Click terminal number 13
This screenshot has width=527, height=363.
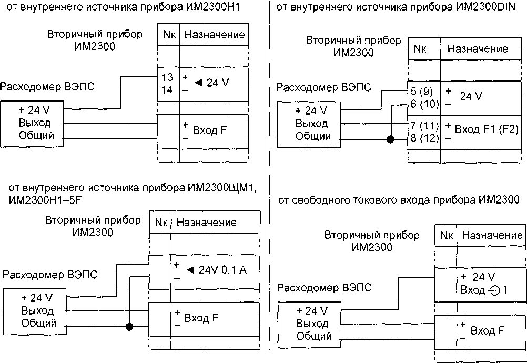167,77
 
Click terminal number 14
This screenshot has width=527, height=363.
167,89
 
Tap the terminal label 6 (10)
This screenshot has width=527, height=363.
424,104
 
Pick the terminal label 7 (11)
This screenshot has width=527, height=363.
424,126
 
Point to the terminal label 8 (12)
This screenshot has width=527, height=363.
424,139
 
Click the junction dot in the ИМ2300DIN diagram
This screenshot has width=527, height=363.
390,139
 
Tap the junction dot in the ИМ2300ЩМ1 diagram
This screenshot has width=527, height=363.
129,327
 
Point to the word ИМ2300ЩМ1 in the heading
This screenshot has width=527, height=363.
220,188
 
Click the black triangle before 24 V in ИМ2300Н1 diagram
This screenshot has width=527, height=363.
198,82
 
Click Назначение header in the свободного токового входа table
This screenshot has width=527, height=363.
491,236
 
